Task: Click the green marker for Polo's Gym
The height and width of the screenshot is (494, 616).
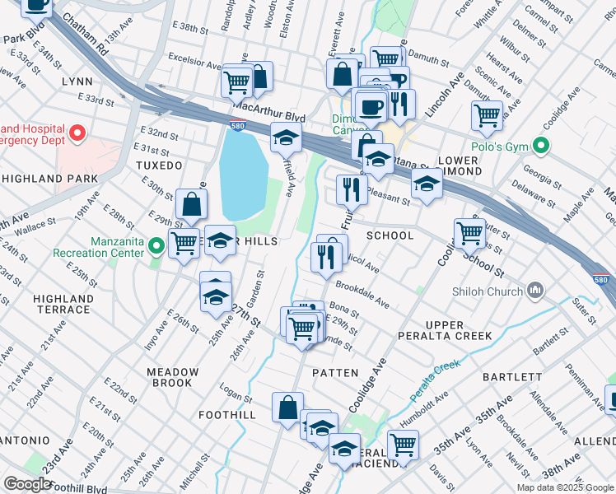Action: point(540,147)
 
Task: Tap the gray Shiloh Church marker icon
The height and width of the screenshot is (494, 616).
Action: point(535,291)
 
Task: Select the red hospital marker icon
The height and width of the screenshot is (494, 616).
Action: point(77,132)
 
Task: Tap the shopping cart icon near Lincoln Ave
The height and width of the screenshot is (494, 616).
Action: point(487,115)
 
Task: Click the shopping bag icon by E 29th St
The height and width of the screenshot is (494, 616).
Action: point(191,204)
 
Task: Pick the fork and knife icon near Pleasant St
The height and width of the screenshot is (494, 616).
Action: point(352,189)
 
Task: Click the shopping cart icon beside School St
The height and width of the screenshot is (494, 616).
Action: point(469,232)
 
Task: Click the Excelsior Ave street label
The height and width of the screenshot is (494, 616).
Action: point(194,60)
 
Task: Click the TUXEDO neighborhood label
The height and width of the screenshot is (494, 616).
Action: point(159,165)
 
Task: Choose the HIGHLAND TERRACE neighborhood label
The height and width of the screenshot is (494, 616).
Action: point(63,304)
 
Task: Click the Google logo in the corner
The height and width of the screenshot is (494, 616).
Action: point(27,483)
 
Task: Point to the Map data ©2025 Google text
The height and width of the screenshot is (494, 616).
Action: point(564,487)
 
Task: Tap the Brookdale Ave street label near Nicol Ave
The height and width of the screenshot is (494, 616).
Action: point(363,295)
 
